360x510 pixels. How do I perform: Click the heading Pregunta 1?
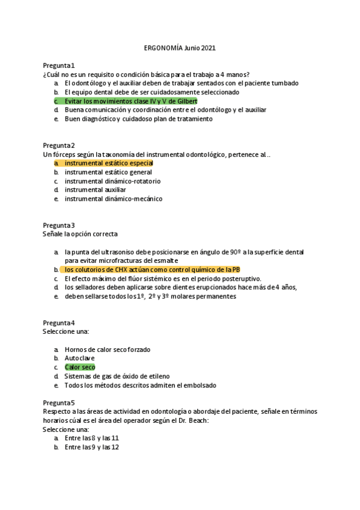59,65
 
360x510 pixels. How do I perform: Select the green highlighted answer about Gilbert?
130,101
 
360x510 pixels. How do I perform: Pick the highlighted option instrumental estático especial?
109,163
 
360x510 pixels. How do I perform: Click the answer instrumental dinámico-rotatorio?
112,181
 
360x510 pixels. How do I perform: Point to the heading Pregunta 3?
59,225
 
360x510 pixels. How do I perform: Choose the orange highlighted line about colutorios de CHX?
152,270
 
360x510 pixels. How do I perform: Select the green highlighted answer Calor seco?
79,367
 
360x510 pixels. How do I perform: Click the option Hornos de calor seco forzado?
107,349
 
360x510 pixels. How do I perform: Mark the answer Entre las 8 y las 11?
91,438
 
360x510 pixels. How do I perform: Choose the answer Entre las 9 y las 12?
91,447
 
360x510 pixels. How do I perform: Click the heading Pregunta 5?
59,402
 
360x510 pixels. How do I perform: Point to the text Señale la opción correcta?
80,233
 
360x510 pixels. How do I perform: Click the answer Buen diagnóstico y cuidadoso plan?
138,119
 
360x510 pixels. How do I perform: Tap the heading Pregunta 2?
59,146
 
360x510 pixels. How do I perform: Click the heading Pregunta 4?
59,322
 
